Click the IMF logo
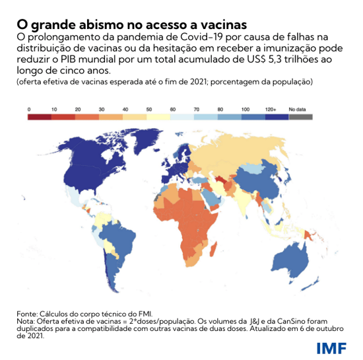point(330,347)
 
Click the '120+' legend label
point(269,108)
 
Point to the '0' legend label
point(29,108)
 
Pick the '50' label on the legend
point(148,108)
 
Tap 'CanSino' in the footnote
point(293,320)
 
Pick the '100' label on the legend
point(245,108)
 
